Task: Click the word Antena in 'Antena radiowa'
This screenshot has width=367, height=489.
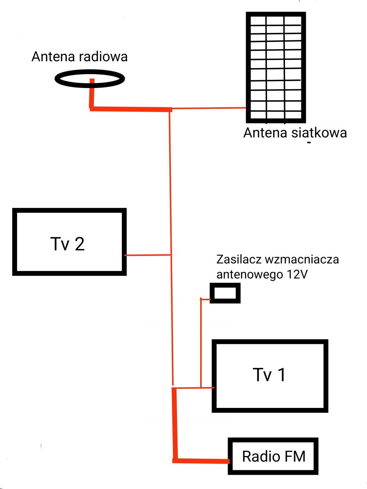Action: pyautogui.click(x=53, y=57)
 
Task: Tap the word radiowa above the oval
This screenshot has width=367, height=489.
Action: pyautogui.click(x=103, y=57)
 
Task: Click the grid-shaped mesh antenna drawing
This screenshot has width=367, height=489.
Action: pyautogui.click(x=276, y=67)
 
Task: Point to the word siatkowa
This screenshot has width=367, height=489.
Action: pyautogui.click(x=319, y=133)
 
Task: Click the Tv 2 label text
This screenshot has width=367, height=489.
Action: pyautogui.click(x=68, y=244)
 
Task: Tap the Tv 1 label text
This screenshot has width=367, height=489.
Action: pyautogui.click(x=269, y=375)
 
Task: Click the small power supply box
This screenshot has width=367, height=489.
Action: pyautogui.click(x=225, y=293)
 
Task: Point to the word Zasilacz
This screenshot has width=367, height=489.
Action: pyautogui.click(x=239, y=259)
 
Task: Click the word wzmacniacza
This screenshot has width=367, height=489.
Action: pyautogui.click(x=302, y=260)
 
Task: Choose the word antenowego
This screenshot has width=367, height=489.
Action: pyautogui.click(x=250, y=275)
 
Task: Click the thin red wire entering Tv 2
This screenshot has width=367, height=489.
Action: pyautogui.click(x=148, y=255)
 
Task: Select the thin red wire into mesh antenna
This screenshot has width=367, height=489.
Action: pyautogui.click(x=209, y=108)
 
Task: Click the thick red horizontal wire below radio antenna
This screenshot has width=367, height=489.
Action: pyautogui.click(x=131, y=109)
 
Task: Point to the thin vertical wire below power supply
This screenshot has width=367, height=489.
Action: pyautogui.click(x=201, y=343)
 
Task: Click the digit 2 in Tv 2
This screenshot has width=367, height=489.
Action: pyautogui.click(x=80, y=244)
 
